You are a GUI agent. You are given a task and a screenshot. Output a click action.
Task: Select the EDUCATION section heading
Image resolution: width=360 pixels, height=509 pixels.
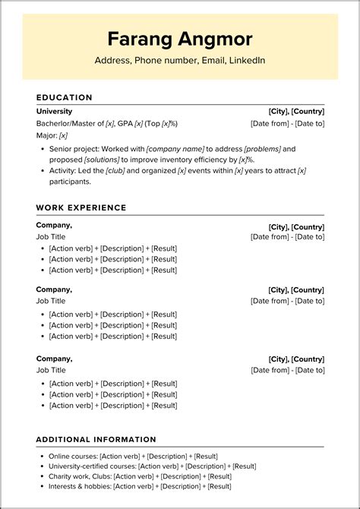click(65, 97)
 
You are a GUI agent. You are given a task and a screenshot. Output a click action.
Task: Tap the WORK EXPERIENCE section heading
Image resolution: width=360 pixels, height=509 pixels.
click(81, 207)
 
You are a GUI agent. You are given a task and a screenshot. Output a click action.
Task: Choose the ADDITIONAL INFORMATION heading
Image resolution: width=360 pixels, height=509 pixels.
click(96, 439)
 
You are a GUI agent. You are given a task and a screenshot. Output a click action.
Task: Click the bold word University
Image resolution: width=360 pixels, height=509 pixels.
click(54, 111)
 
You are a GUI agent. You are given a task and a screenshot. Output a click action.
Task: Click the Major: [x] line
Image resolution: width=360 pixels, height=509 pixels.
click(52, 135)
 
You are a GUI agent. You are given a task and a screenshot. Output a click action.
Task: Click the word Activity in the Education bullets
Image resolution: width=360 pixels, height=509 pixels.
click(64, 171)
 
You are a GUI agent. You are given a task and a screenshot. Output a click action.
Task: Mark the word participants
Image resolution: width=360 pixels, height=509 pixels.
click(70, 182)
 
